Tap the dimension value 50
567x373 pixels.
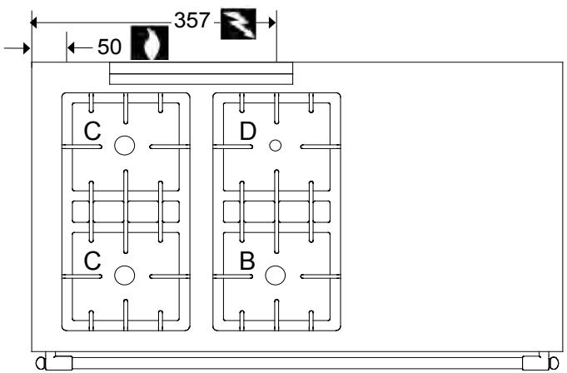coord(110,47)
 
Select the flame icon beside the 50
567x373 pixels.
coord(152,43)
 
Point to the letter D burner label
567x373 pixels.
coord(248,131)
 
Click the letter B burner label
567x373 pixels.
coord(247,261)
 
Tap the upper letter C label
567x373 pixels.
coord(93,131)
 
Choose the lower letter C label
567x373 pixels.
coord(93,261)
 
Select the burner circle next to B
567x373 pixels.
coord(275,275)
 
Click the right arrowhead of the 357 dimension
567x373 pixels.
coord(271,22)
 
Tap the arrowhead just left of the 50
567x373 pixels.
coord(72,47)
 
